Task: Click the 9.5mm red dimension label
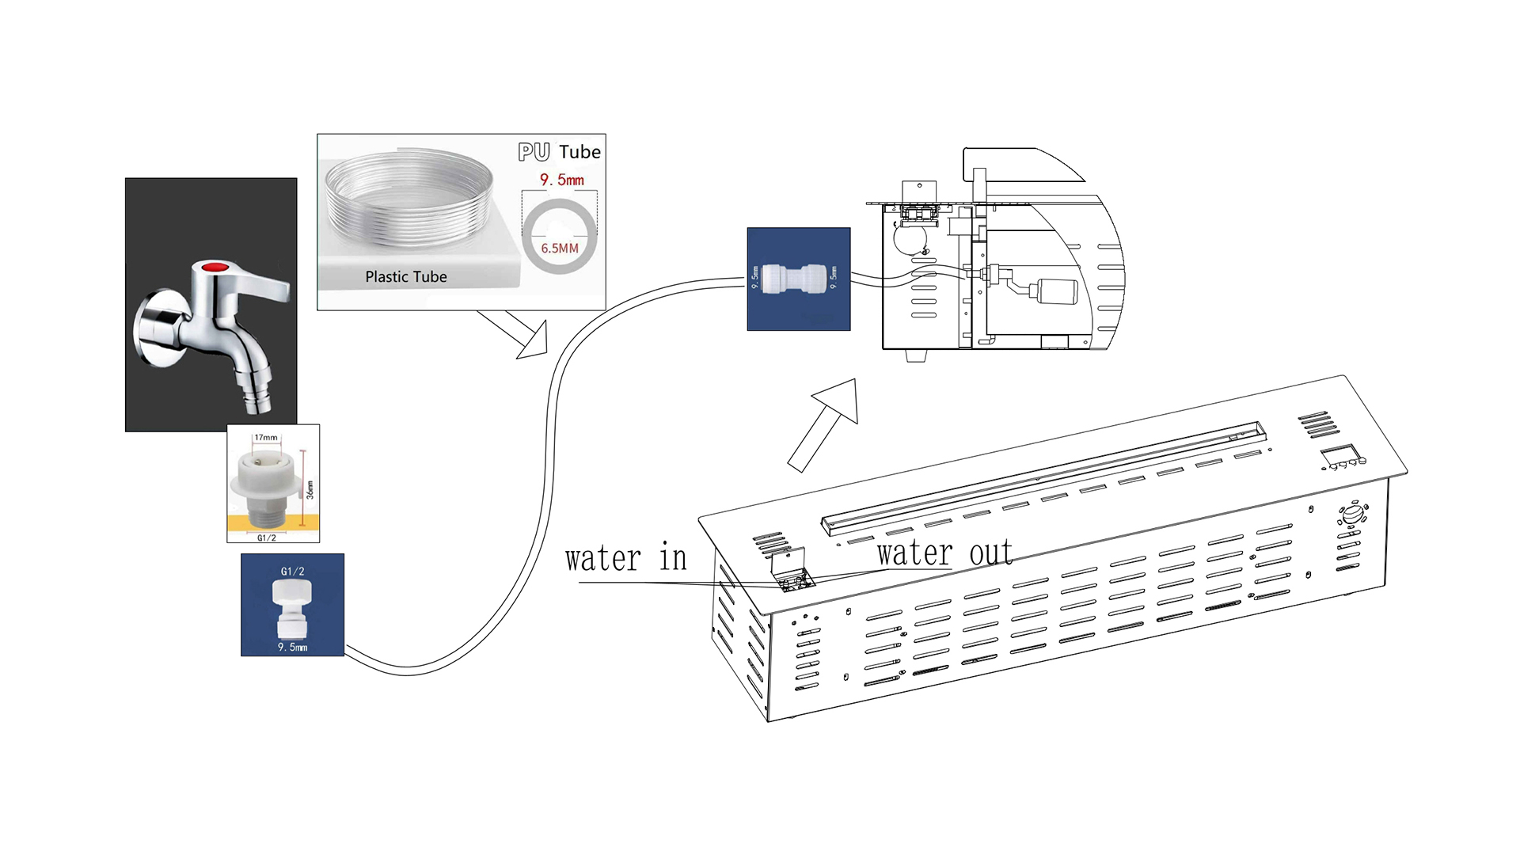pos(562,180)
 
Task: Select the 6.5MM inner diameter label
pos(560,249)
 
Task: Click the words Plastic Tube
pos(405,277)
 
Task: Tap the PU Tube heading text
pos(559,152)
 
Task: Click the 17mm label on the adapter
pos(266,438)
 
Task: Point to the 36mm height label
pos(310,489)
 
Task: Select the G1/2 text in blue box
pos(292,571)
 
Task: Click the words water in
pos(625,559)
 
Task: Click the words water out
pos(944,553)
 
